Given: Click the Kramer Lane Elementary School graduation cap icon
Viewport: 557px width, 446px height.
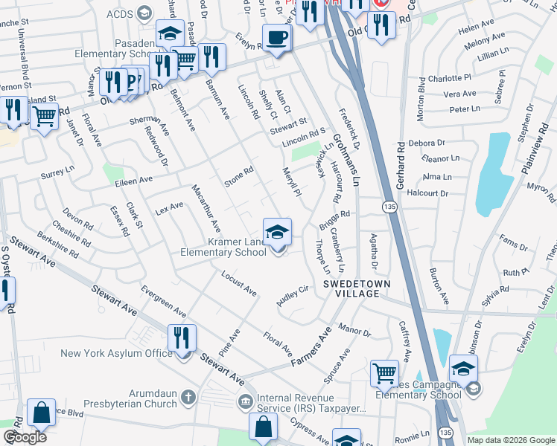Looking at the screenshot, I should click(x=277, y=231).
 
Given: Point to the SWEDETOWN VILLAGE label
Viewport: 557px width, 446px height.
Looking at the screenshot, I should click(x=351, y=289).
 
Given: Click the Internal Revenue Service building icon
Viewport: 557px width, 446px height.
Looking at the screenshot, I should click(x=244, y=403).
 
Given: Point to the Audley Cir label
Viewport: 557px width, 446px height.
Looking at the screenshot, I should click(x=293, y=293).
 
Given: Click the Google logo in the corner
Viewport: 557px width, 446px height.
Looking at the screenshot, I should click(x=25, y=437).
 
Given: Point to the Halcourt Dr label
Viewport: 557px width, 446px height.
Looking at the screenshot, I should click(x=428, y=193).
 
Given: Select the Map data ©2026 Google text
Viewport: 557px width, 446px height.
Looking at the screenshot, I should click(x=511, y=440).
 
